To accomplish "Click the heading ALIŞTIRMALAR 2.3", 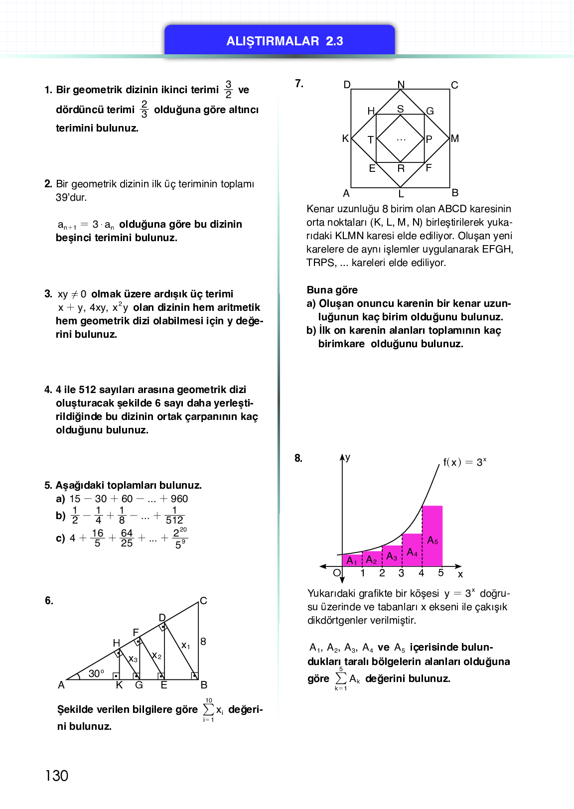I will pos(285,41).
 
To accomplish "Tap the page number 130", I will pos(57,776).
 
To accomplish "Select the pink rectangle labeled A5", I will pos(432,536).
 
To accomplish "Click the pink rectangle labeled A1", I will pos(352,560).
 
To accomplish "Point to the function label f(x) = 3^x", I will pos(464,462).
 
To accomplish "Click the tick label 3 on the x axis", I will pos(402,573).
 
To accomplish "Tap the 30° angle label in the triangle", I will pos(96,674).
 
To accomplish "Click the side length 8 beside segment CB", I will pos(203,642).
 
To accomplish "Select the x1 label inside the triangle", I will pos(185,645).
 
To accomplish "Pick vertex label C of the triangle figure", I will pos(203,601).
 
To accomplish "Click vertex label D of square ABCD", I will pos(347,85).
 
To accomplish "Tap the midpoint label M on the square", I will pos(455,138).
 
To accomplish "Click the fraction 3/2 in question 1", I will pos(228,90).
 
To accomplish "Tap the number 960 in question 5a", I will pos(179,499).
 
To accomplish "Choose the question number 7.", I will pos(299,84).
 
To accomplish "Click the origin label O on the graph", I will pos(337,573).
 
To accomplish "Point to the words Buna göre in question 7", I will pos(332,290).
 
